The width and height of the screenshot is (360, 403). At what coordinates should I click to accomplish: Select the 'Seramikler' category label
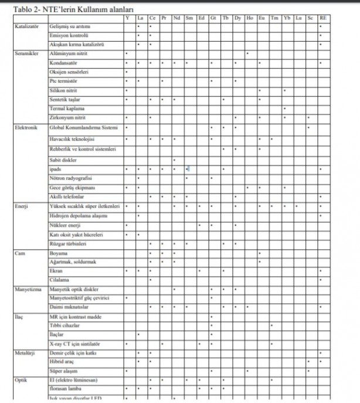(26, 53)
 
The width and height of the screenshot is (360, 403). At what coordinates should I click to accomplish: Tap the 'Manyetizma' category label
(28, 289)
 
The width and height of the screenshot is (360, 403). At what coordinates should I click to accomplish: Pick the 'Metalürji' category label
(26, 353)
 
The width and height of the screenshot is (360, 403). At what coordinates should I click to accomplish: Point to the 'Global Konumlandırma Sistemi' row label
(84, 127)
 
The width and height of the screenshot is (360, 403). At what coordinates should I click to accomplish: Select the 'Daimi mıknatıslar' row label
(70, 307)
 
